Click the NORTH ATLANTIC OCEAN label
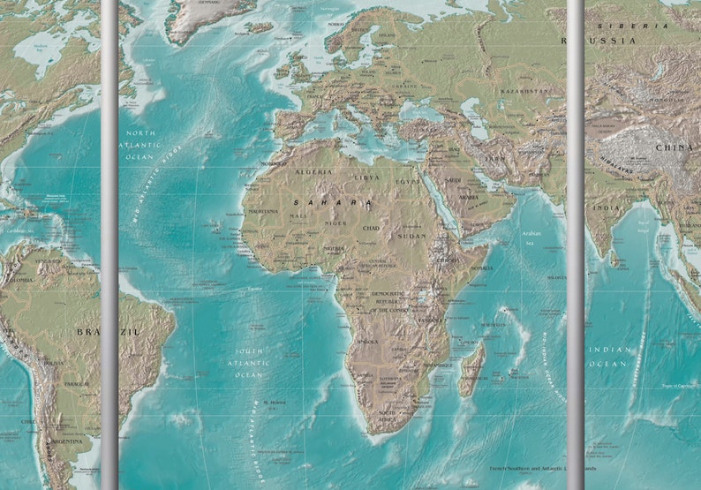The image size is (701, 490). [141, 144]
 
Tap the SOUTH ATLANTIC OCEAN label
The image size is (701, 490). [248, 362]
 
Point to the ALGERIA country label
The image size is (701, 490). [313, 171]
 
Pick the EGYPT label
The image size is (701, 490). [407, 181]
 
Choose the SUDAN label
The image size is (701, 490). [411, 236]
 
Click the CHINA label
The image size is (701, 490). [673, 147]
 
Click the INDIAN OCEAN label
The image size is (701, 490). [611, 357]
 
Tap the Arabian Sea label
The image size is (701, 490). [530, 237]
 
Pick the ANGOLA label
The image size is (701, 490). [367, 341]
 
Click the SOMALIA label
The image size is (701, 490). [481, 268]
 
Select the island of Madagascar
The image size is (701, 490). [471, 368]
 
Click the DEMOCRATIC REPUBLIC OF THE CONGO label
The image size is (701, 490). [388, 301]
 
